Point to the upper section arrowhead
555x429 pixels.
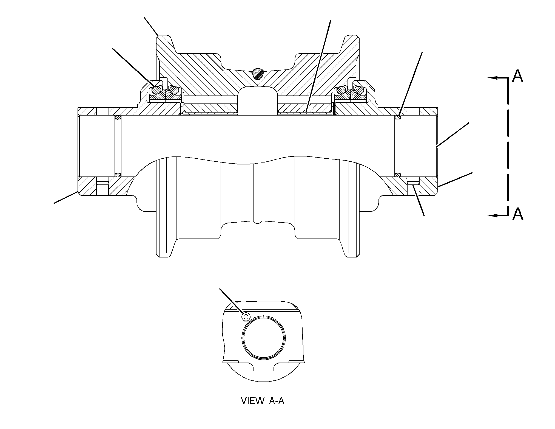493,78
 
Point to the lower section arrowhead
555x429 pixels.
493,215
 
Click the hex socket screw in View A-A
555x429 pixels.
246,317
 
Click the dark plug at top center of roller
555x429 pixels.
257,73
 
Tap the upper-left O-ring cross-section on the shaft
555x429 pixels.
118,117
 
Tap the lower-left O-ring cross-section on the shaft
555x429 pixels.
118,174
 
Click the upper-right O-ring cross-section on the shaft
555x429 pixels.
398,117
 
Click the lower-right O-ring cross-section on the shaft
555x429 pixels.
398,174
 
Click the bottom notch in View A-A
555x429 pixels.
263,367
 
